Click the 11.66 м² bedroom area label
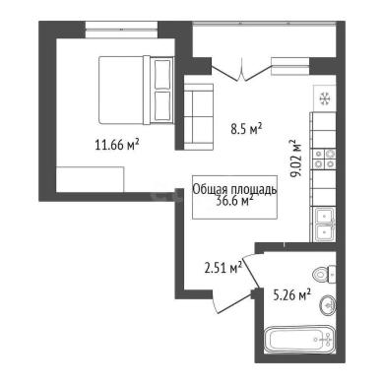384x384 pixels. tap(117, 144)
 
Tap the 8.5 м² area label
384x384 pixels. tap(246, 128)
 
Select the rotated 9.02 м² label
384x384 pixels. tap(295, 159)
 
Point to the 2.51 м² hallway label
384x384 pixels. tap(224, 268)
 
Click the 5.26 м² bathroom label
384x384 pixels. tap(292, 294)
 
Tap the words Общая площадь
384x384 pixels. tap(234, 189)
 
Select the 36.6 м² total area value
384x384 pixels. tap(234, 200)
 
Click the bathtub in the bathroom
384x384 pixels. tap(298, 340)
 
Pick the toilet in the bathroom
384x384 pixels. tap(324, 274)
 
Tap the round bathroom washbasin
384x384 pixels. tap(328, 305)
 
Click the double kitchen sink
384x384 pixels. tap(324, 224)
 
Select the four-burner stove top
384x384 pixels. tap(324, 159)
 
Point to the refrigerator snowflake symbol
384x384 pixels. tap(325, 98)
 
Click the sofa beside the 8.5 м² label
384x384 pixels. tap(198, 116)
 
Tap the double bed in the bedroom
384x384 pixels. tap(136, 90)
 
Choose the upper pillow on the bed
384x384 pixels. tap(162, 74)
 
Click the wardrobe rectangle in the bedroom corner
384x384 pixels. tap(90, 179)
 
